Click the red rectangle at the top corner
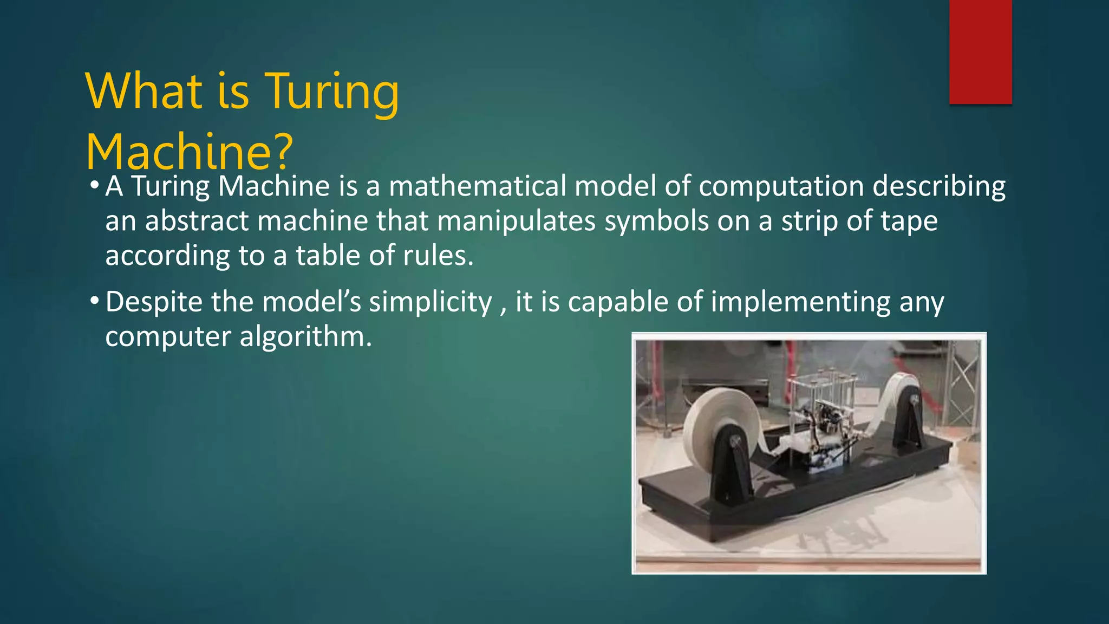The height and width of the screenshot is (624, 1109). [x=980, y=51]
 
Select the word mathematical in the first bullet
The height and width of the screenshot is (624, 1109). [x=477, y=186]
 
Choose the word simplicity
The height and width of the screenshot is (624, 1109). [x=430, y=302]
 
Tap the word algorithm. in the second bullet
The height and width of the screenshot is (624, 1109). [x=306, y=336]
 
